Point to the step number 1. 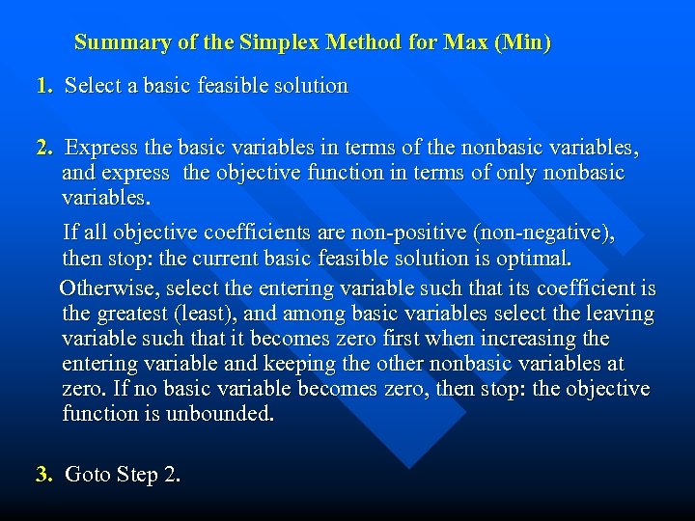42,86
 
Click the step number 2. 42,149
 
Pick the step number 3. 42,474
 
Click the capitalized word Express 101,149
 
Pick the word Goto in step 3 88,474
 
